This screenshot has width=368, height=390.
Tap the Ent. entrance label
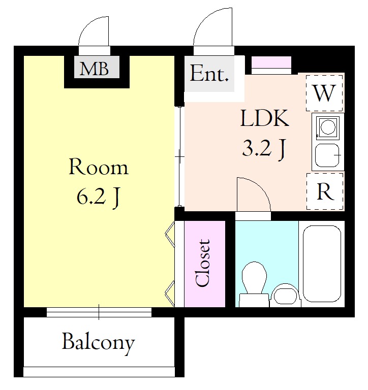click(209, 73)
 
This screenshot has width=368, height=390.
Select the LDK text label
click(264, 119)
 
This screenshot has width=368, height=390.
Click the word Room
click(98, 167)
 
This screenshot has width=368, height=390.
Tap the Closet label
click(202, 263)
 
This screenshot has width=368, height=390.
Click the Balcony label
click(98, 343)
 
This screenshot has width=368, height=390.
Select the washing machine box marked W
click(324, 93)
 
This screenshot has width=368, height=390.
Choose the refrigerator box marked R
click(325, 191)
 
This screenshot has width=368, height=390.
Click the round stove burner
click(328, 127)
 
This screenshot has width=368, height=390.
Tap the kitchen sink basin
click(327, 155)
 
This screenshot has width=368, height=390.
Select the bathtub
click(322, 264)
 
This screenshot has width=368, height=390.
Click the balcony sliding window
click(99, 312)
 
